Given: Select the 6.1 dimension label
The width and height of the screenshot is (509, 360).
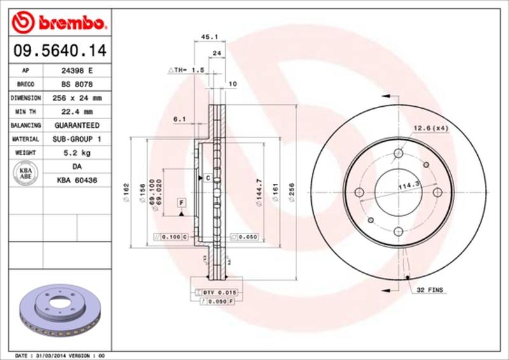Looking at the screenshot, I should click(x=179, y=118).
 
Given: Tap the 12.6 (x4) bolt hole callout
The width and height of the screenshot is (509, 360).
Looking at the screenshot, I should click(x=431, y=128).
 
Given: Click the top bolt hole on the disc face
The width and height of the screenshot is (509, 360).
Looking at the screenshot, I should click(x=398, y=153).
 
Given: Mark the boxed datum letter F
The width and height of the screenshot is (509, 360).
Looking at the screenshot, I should click(x=181, y=202).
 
